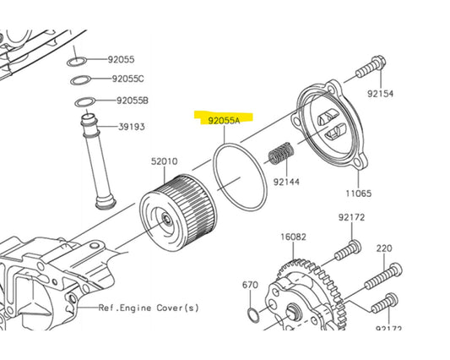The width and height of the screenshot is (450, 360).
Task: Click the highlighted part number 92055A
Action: point(224,120)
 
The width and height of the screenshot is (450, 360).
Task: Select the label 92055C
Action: point(127,79)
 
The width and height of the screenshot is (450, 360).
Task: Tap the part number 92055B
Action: point(133,101)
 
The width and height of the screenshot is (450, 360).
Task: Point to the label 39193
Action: point(132,127)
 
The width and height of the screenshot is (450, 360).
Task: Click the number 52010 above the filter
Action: point(165,161)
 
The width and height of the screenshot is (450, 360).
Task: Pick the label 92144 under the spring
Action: point(286,182)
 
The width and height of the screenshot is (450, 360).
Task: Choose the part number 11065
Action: point(359,194)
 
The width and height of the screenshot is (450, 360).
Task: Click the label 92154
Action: point(380,94)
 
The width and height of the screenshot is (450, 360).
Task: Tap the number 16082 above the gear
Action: point(293,237)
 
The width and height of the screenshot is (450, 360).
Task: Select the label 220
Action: point(384,248)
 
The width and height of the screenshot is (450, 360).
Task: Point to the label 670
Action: point(250,285)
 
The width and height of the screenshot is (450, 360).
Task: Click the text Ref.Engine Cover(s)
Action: point(149,308)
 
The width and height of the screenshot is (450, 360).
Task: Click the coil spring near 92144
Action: point(281,154)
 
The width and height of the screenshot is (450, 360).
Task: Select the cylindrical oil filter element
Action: point(178,212)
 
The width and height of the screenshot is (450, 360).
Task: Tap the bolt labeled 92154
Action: point(371,68)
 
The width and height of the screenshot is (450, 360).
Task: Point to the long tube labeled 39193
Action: point(99,161)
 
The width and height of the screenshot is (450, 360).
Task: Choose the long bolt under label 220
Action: point(383,276)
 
